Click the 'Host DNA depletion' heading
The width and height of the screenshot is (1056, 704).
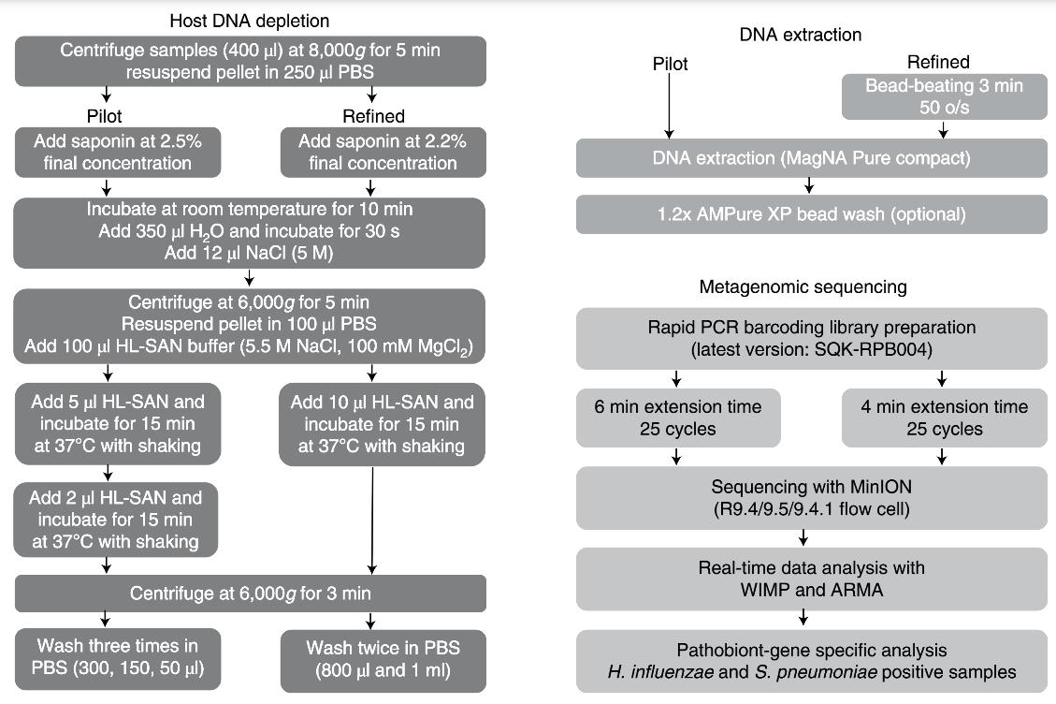[x=249, y=21]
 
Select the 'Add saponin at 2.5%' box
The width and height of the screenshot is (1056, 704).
[x=118, y=153]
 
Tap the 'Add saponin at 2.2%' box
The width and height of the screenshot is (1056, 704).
[x=383, y=153]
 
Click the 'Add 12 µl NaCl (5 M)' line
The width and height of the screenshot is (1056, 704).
[x=249, y=253]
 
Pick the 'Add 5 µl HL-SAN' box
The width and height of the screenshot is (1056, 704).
[x=118, y=423]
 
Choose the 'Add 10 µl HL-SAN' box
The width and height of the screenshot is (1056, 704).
[x=382, y=424]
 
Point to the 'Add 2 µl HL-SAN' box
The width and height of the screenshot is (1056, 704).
[x=116, y=520]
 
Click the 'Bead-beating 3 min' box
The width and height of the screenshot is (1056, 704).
[x=944, y=96]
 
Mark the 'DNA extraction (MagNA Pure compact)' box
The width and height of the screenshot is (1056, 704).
[x=812, y=158]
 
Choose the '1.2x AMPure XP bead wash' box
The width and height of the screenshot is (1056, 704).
[x=812, y=214]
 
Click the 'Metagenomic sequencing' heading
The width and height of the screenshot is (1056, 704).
[x=803, y=287]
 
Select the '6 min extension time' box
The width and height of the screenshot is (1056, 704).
[x=678, y=418]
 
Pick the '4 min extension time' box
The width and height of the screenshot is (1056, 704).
[x=944, y=418]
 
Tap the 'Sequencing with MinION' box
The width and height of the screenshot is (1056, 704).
[x=812, y=498]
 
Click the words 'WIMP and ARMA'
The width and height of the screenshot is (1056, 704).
[x=812, y=590]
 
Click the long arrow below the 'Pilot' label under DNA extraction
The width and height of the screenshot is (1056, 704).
[x=670, y=106]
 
